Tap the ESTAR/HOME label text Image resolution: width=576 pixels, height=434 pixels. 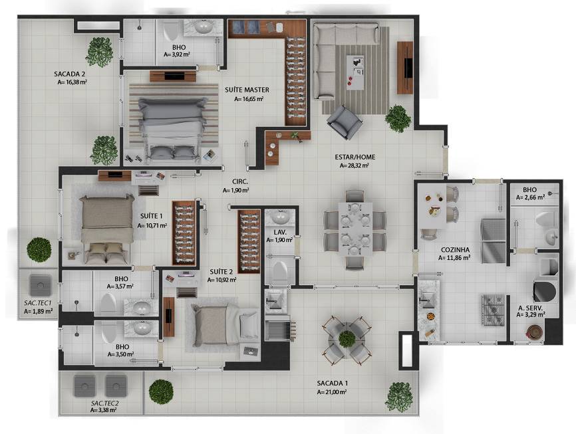pyautogui.click(x=355, y=158)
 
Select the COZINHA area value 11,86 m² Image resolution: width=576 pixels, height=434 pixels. pyautogui.click(x=455, y=257)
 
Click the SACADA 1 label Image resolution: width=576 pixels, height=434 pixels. pyautogui.click(x=333, y=383)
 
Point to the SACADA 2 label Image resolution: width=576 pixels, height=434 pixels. pyautogui.click(x=70, y=74)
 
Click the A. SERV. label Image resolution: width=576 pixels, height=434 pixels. pyautogui.click(x=530, y=307)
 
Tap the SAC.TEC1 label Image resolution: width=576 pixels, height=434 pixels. pyautogui.click(x=38, y=302)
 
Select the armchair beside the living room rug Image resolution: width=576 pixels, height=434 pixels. pyautogui.click(x=344, y=121)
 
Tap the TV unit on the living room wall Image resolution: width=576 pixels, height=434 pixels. pyautogui.click(x=404, y=67)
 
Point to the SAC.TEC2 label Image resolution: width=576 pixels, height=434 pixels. pyautogui.click(x=105, y=403)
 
